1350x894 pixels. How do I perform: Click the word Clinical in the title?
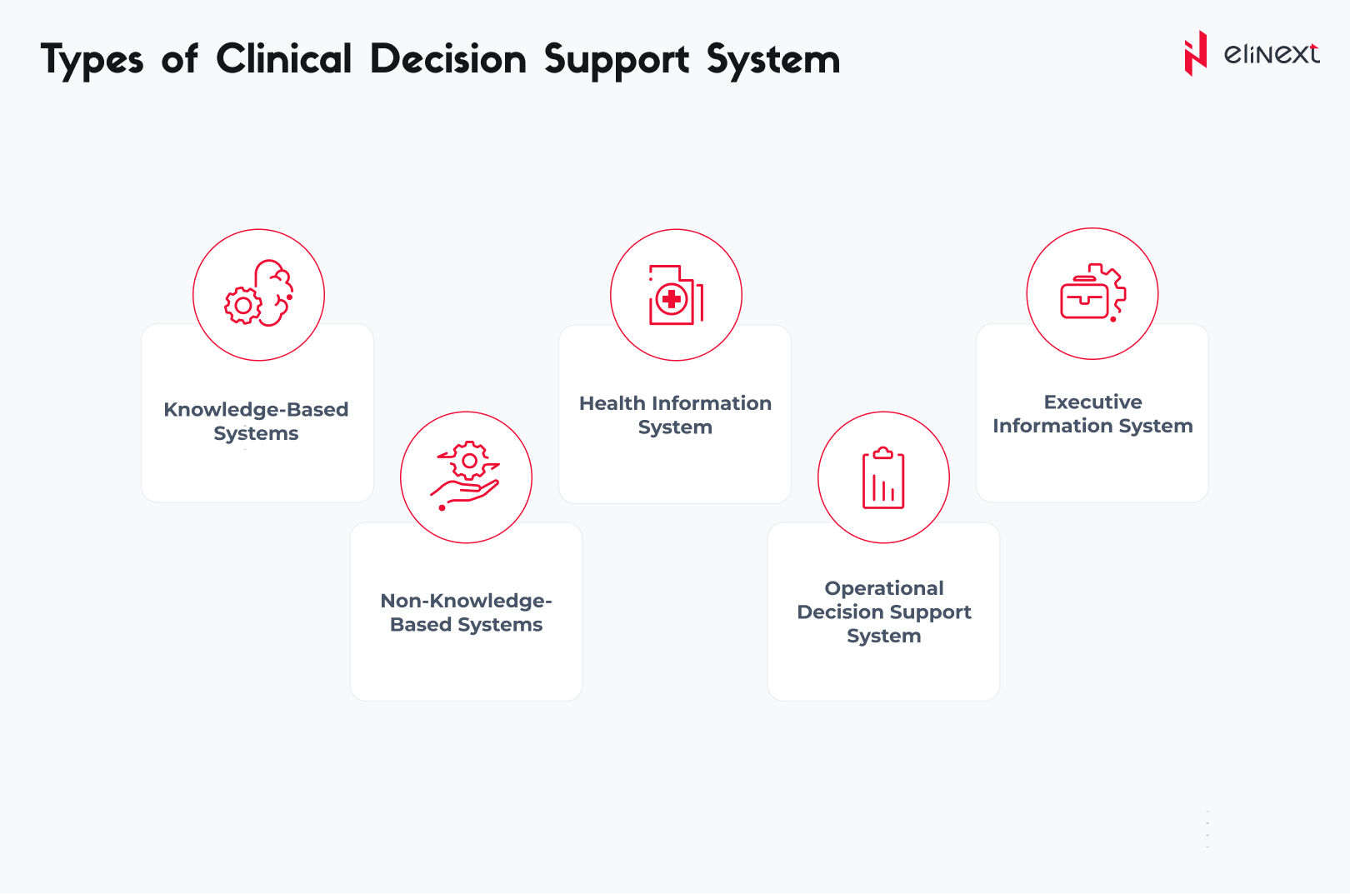[284, 59]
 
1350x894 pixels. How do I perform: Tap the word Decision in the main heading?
[448, 59]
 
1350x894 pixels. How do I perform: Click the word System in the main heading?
[773, 60]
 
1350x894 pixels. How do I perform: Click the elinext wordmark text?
[1272, 54]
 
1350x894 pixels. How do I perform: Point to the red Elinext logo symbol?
[1196, 53]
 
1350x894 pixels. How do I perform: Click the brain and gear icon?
[258, 293]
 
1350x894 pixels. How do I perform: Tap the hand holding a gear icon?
[465, 476]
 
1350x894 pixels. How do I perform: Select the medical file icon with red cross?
[676, 295]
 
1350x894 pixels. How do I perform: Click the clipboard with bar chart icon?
[883, 477]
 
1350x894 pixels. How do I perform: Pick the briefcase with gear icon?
[1092, 292]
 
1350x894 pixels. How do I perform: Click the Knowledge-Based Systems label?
[256, 421]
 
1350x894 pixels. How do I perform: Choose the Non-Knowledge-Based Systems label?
[467, 612]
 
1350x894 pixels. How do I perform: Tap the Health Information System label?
[675, 414]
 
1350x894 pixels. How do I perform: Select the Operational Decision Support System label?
[884, 612]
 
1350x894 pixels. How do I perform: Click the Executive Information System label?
[1092, 413]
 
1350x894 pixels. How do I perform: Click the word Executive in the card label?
[1092, 402]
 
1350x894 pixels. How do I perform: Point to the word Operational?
[884, 588]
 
